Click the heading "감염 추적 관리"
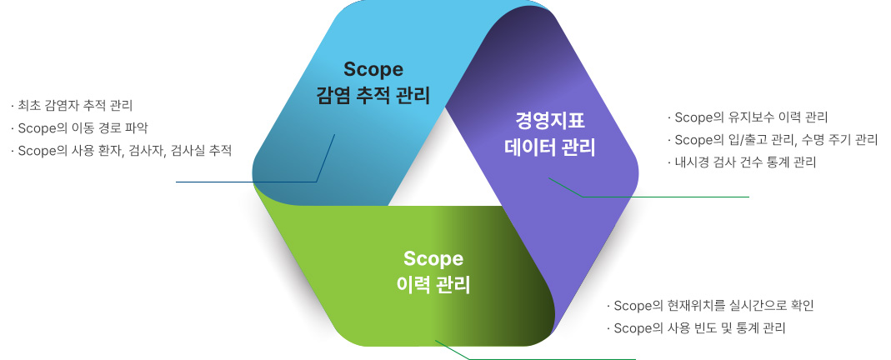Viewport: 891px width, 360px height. click(x=373, y=95)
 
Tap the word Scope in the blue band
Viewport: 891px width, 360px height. click(x=373, y=69)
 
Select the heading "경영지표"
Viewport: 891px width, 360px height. click(x=550, y=121)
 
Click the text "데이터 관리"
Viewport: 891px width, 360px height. click(x=550, y=147)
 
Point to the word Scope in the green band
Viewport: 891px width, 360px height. click(x=433, y=259)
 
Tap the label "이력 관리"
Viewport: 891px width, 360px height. click(x=433, y=284)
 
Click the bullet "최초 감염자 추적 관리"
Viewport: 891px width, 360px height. click(x=72, y=105)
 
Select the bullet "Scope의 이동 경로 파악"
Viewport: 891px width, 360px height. click(x=79, y=127)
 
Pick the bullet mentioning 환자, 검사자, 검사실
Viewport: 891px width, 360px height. click(x=121, y=151)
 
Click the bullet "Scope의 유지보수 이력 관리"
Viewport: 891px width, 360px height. click(x=748, y=117)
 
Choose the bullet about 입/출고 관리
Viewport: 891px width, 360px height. click(x=773, y=140)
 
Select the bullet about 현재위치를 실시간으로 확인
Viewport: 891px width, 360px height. click(x=711, y=306)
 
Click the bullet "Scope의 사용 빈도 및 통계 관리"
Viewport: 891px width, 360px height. click(x=697, y=328)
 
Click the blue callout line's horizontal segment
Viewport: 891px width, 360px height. click(x=246, y=182)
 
